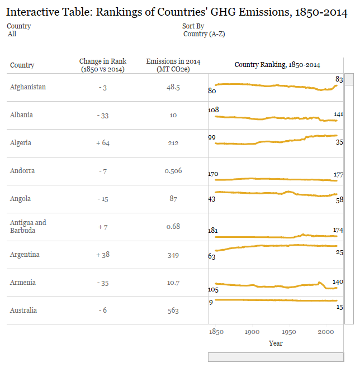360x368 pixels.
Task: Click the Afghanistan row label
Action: coord(28,87)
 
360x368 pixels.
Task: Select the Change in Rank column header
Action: coord(103,65)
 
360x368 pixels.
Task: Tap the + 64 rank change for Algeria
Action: coord(103,143)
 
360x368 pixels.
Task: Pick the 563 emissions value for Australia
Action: coord(173,310)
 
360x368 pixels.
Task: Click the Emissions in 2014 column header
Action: coord(173,65)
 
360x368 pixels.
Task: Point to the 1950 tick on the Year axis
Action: coord(289,332)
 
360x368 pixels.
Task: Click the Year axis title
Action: coord(276,343)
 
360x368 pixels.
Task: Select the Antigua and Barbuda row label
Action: coord(28,226)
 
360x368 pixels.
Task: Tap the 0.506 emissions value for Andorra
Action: coord(173,171)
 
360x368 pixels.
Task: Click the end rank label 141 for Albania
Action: coord(338,114)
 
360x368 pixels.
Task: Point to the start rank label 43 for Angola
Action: coord(212,199)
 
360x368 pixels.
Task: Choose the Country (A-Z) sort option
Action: coord(204,34)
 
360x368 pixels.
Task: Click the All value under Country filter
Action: coord(12,34)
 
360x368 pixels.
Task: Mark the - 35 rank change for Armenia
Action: coord(103,283)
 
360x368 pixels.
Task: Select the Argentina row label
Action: coord(25,255)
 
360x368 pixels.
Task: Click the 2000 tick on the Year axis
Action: coord(326,332)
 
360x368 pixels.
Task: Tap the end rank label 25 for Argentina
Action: coord(339,254)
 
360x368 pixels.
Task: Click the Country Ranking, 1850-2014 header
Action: coord(277,65)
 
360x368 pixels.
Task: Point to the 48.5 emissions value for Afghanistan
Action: coord(173,88)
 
